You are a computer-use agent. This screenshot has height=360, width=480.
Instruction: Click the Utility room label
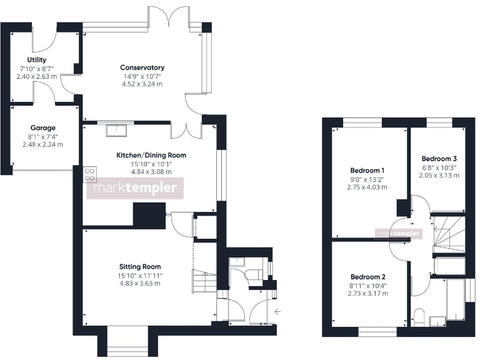tap(37, 60)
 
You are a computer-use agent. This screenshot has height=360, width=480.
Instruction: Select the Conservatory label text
tap(143, 67)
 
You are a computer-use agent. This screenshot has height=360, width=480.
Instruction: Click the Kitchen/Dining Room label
tap(151, 155)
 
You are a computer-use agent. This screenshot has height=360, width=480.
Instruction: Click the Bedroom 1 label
tap(367, 170)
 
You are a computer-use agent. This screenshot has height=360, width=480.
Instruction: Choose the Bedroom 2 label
tap(367, 276)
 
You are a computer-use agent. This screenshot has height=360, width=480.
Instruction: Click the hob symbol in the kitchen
tap(89, 174)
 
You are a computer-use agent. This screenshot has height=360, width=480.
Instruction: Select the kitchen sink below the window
tap(116, 130)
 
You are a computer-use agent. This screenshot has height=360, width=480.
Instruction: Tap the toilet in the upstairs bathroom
tap(419, 316)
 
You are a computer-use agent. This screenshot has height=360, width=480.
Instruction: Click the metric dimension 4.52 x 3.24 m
tap(143, 84)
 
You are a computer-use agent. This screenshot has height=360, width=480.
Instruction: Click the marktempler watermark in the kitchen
tap(134, 187)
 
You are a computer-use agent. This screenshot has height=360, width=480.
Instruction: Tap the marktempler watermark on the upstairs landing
tap(398, 234)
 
